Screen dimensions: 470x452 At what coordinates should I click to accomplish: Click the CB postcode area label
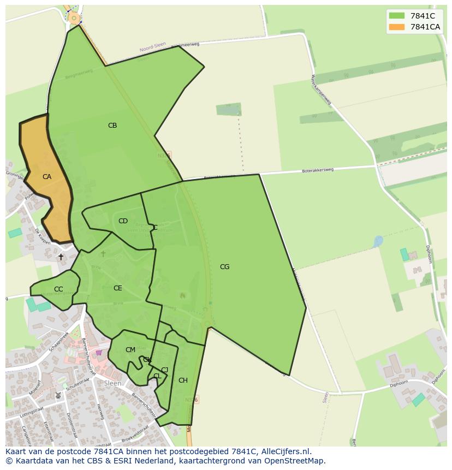(112, 126)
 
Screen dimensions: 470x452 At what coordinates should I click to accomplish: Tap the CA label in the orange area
(47, 177)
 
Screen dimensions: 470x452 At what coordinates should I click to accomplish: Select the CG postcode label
(224, 267)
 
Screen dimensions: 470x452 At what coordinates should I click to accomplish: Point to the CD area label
(123, 221)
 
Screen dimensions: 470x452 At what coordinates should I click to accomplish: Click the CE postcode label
(117, 288)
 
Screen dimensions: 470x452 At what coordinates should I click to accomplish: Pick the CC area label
(58, 289)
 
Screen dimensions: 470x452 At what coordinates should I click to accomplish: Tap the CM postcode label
(130, 350)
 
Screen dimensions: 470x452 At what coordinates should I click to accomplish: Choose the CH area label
(183, 380)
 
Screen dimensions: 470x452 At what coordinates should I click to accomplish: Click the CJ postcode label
(164, 370)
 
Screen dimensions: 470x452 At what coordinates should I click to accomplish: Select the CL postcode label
(157, 376)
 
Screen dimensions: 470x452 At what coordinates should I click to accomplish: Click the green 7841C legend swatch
(397, 16)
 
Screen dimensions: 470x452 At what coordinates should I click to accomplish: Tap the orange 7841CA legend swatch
(397, 27)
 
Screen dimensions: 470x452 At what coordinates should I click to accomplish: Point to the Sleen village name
(112, 383)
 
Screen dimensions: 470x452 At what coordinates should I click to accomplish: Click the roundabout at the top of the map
(74, 18)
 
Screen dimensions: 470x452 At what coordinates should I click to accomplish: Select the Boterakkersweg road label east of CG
(317, 171)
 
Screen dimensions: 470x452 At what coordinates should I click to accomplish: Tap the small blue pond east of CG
(378, 241)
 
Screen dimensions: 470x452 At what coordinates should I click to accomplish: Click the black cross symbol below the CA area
(61, 257)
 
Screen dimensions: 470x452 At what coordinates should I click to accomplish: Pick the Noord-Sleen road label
(153, 47)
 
